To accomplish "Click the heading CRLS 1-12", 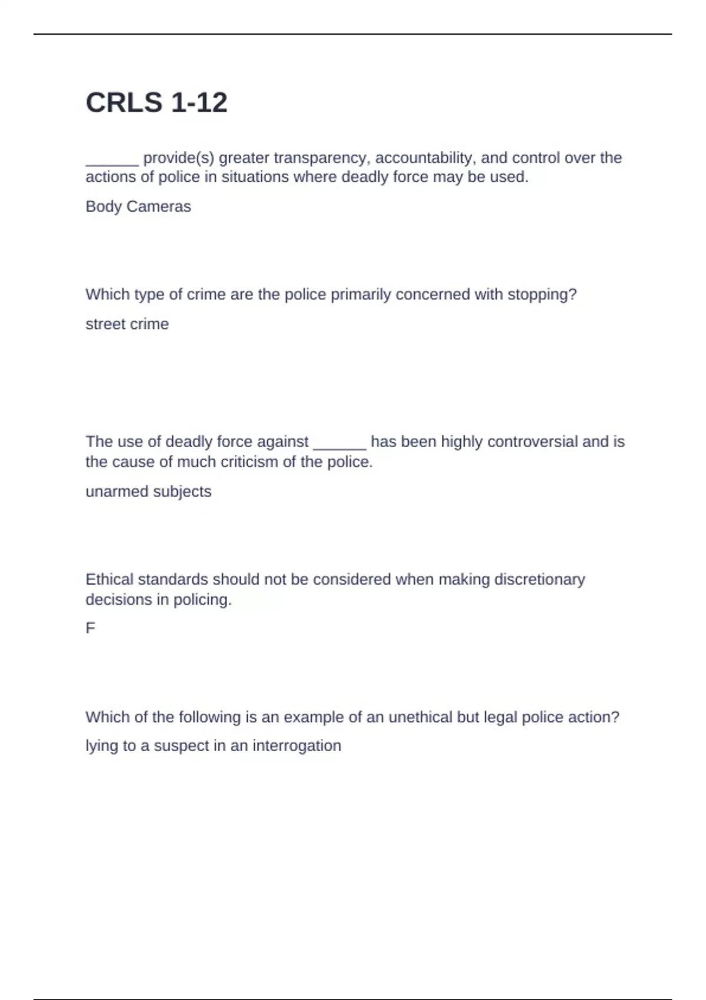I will click(x=156, y=103).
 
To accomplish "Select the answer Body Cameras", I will click(x=138, y=206).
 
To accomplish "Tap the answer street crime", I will click(x=127, y=324).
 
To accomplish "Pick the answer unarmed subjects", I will click(x=148, y=492).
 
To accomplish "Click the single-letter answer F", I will click(x=90, y=628).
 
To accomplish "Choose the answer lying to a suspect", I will click(x=213, y=746).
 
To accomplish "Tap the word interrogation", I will click(x=297, y=746).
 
